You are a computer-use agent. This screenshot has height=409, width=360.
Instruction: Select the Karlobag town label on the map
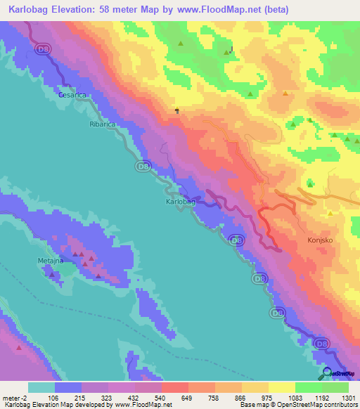click(180, 201)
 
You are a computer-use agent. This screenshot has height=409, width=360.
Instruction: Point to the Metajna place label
click(50, 261)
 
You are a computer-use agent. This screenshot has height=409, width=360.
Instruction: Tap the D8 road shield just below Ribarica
click(143, 166)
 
